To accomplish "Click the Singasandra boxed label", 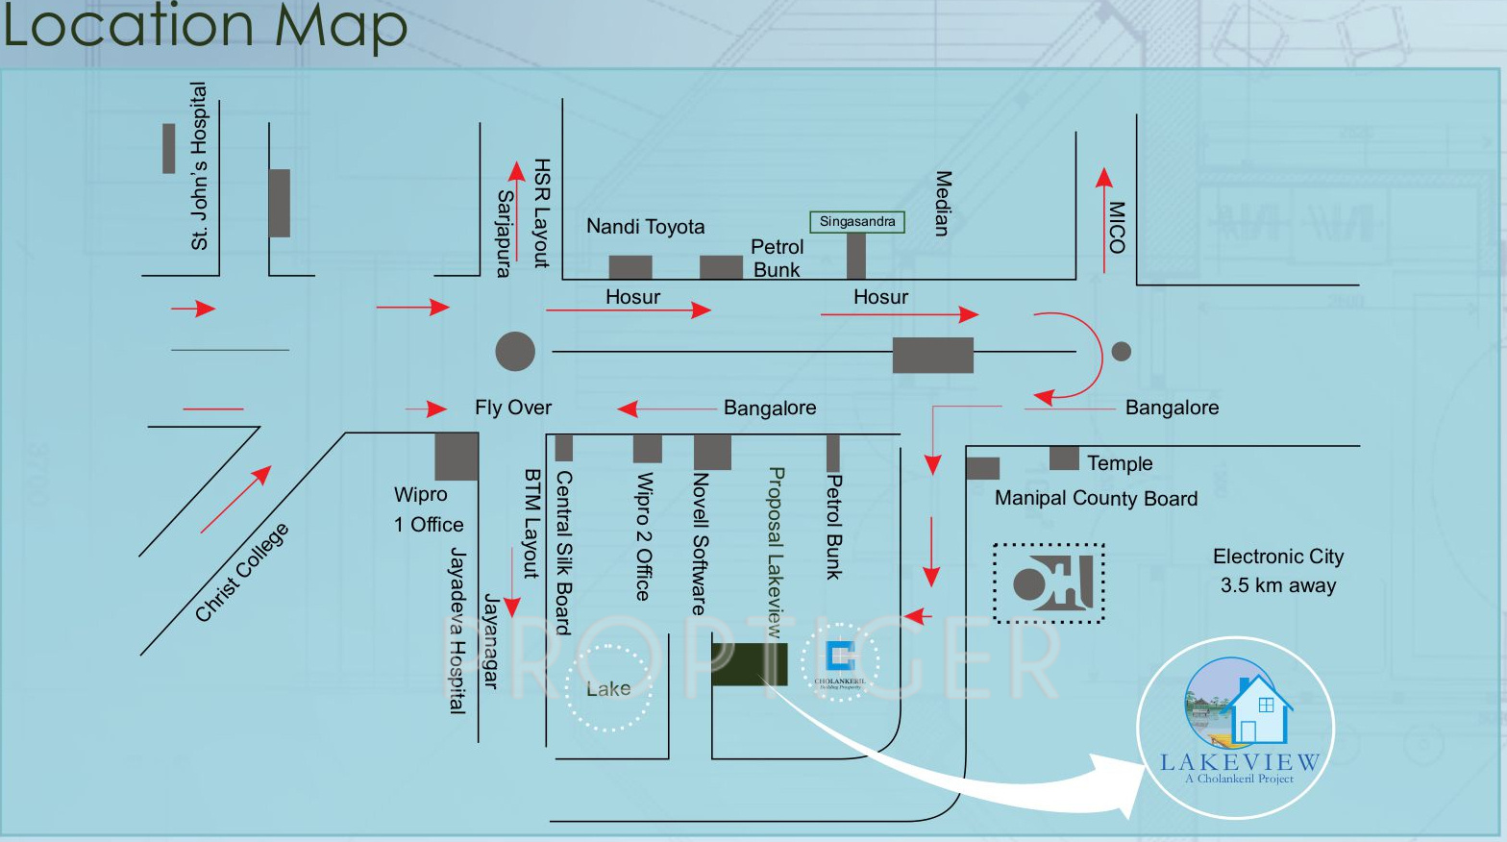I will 857,222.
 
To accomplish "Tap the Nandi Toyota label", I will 645,227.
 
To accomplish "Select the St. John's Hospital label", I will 199,166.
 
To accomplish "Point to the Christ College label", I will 241,572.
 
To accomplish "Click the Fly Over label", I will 513,408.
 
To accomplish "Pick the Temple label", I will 1120,463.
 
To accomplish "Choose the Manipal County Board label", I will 1096,498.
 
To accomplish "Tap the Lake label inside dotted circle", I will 608,689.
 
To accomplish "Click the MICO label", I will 1116,227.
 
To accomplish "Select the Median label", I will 943,204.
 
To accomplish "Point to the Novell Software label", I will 701,543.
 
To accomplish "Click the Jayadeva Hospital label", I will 457,631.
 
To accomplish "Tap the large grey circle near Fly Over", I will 515,352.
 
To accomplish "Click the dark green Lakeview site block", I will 749,664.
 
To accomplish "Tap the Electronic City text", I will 1278,557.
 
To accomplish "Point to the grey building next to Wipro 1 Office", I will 457,457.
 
